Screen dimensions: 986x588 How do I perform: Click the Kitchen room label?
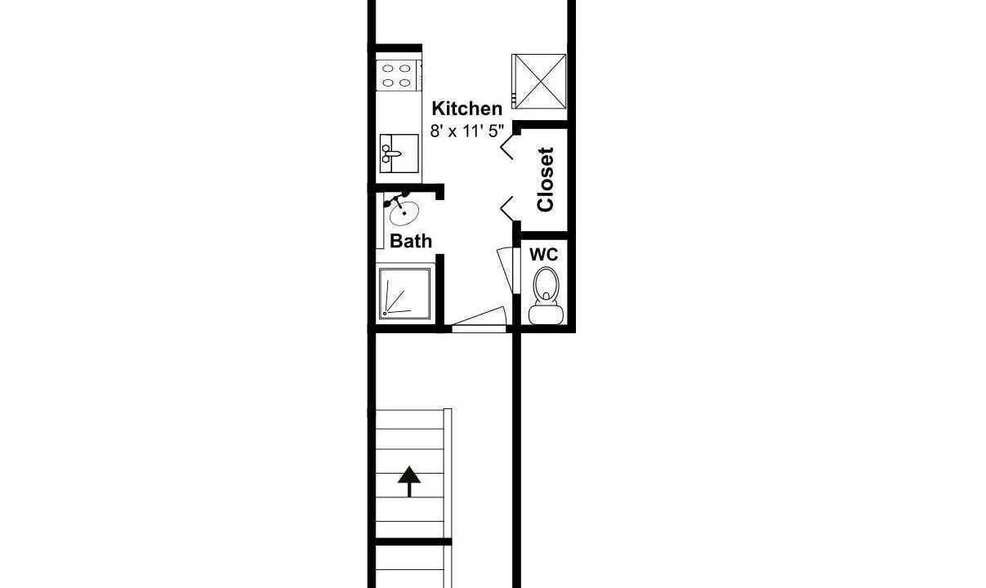[x=467, y=109]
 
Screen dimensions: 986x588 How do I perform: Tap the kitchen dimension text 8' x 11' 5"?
[x=467, y=131]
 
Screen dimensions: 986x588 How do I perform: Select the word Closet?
[x=546, y=180]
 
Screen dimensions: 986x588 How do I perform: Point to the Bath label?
[x=411, y=241]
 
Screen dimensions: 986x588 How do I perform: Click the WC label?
[x=543, y=254]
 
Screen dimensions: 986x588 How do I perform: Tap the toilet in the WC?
[x=546, y=296]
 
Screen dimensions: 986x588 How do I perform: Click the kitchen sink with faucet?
[x=399, y=154]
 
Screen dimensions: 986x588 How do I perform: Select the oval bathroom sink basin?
[x=404, y=213]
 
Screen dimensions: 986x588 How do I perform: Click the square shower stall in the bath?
[x=404, y=293]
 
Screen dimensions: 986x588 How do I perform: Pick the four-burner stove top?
[x=396, y=76]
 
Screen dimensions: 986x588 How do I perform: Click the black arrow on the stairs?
[x=409, y=481]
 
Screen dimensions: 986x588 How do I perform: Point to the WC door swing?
[x=506, y=270]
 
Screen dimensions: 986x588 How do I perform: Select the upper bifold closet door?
[x=507, y=146]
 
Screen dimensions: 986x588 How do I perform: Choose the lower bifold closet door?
[x=507, y=209]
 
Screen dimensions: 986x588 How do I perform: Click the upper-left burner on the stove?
[x=388, y=69]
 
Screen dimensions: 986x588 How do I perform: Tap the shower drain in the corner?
[x=385, y=314]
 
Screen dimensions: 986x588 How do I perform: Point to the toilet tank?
[x=546, y=314]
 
